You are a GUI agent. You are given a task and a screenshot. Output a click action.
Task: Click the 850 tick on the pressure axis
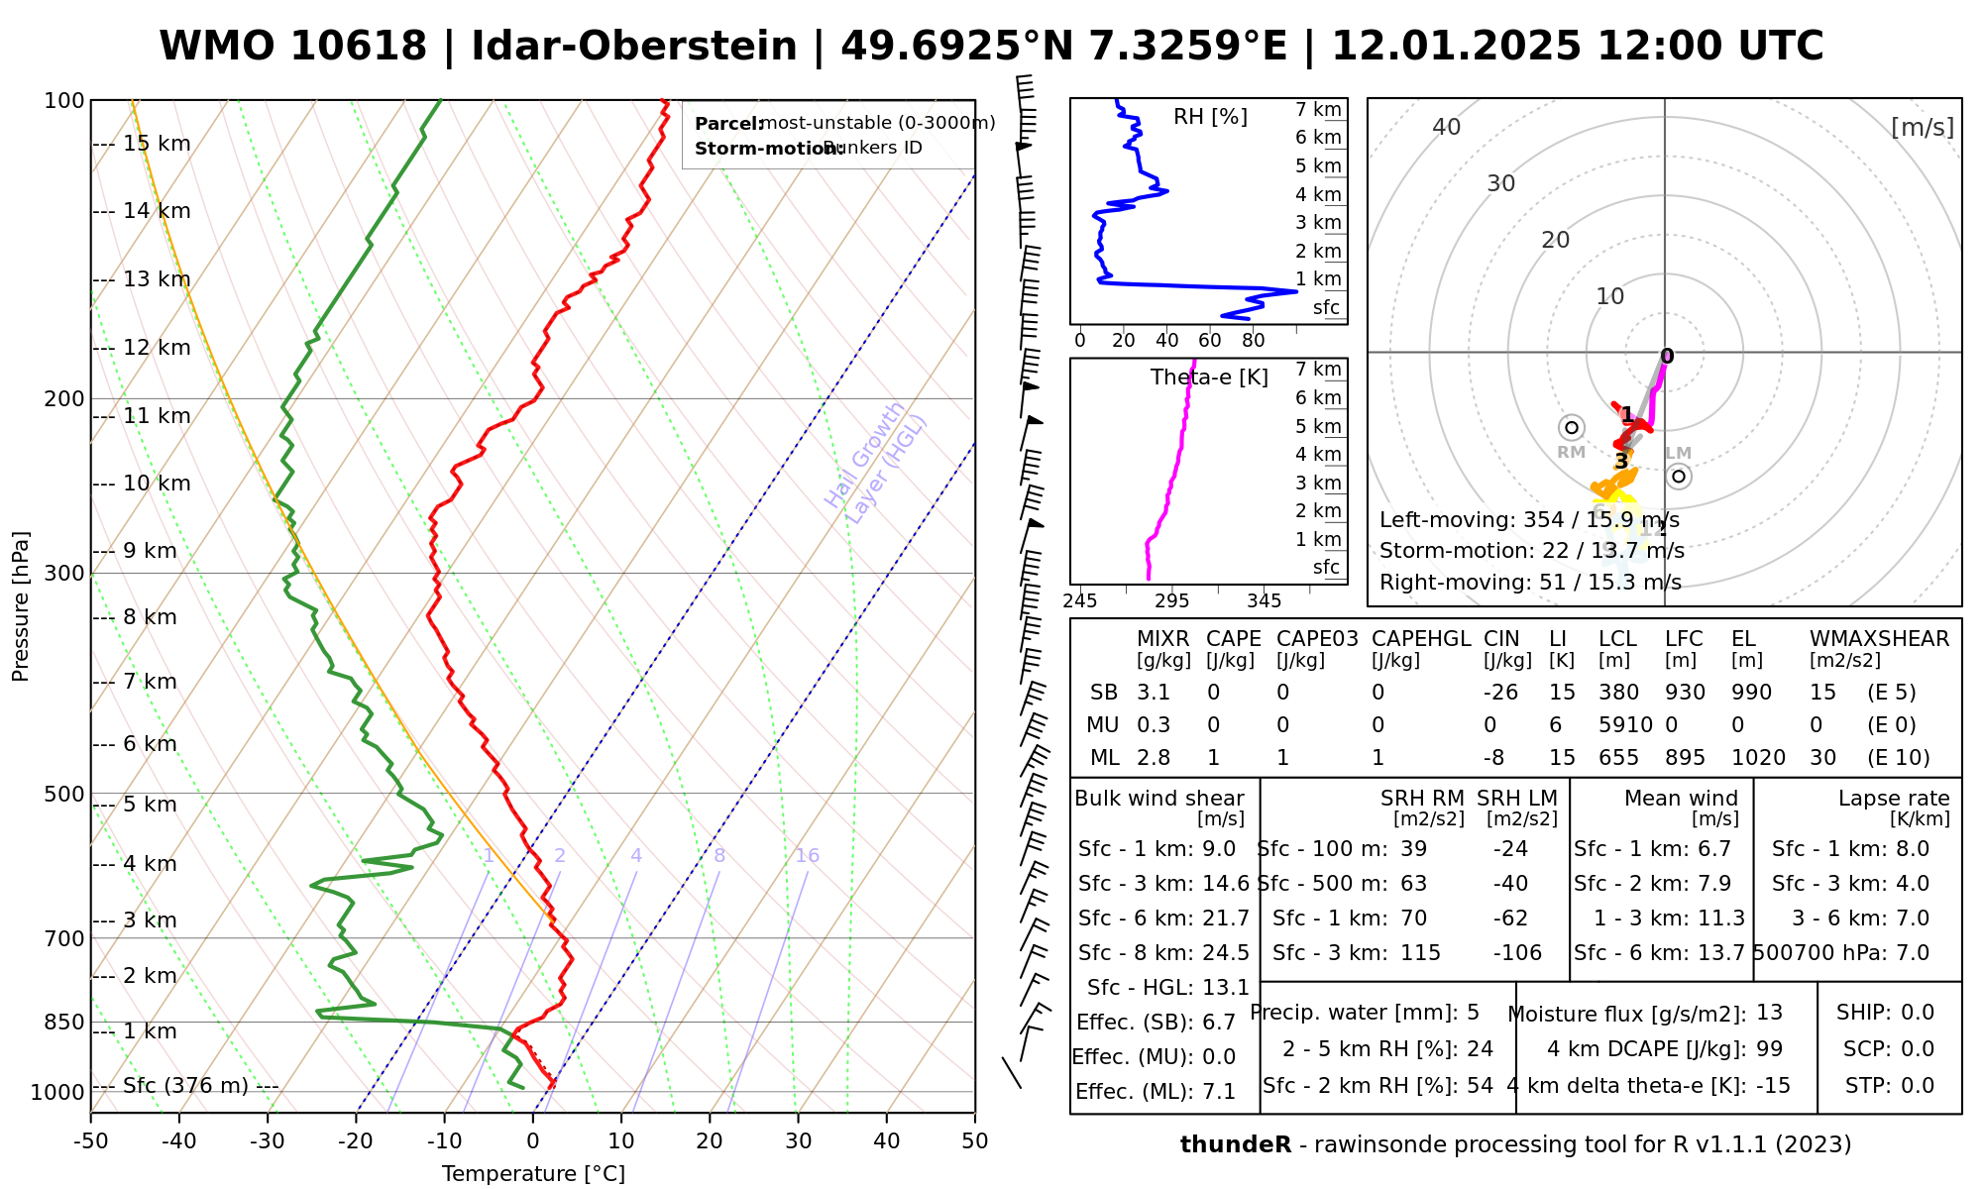pos(64,1022)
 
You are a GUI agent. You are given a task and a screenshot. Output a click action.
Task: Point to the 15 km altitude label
pos(157,144)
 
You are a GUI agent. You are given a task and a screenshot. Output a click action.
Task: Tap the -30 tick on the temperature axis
pos(268,1141)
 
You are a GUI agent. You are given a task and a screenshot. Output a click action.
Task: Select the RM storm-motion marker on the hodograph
pos(1571,428)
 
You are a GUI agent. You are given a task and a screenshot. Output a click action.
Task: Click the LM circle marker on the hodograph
pos(1679,477)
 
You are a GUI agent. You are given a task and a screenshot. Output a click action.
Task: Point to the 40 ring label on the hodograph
pos(1447,127)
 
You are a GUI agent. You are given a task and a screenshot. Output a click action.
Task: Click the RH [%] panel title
pos(1210,117)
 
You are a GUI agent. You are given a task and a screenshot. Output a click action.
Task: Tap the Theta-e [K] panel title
pos(1209,378)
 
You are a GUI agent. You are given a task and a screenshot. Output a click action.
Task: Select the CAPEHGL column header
pos(1421,639)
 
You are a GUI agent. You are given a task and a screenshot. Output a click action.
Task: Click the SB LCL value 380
pos(1618,693)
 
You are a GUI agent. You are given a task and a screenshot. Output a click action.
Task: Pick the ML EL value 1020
pos(1758,758)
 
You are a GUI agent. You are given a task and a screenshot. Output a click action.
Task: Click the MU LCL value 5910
pos(1625,725)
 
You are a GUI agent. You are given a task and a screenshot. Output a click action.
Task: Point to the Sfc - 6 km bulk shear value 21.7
pos(1226,919)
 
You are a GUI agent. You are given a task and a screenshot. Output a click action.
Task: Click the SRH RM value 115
pos(1420,953)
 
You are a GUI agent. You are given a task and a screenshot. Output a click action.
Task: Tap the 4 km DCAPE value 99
pos(1769,1049)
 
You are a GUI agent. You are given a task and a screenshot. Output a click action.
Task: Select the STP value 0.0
pos(1918,1086)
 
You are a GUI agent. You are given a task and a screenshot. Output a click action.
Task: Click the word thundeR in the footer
pos(1235,1145)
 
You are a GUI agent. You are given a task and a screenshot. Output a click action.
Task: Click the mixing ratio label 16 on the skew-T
pos(807,856)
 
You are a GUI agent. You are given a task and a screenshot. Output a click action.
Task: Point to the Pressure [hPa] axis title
pos(21,606)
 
